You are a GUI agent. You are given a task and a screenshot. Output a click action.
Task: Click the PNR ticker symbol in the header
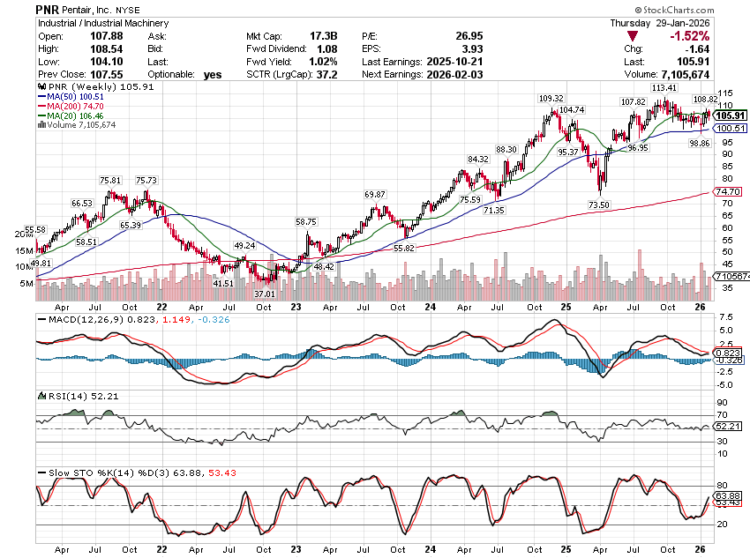tap(48, 9)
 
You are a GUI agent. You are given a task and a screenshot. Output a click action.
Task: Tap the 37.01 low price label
tap(266, 294)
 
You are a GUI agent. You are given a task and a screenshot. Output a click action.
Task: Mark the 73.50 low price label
tap(600, 205)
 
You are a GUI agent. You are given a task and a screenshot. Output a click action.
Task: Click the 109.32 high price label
tap(551, 98)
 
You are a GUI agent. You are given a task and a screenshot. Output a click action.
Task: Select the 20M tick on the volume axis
tap(23, 234)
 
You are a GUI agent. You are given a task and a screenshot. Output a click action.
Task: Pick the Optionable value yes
tap(212, 75)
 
